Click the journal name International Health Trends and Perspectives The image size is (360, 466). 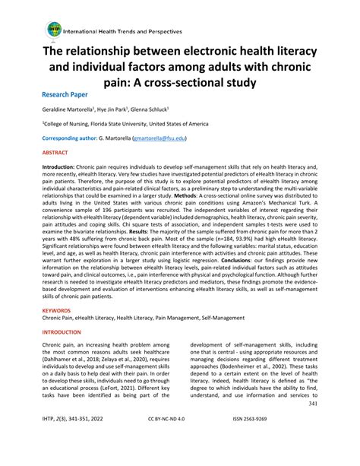click(122, 33)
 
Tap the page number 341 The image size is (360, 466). click(313, 425)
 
